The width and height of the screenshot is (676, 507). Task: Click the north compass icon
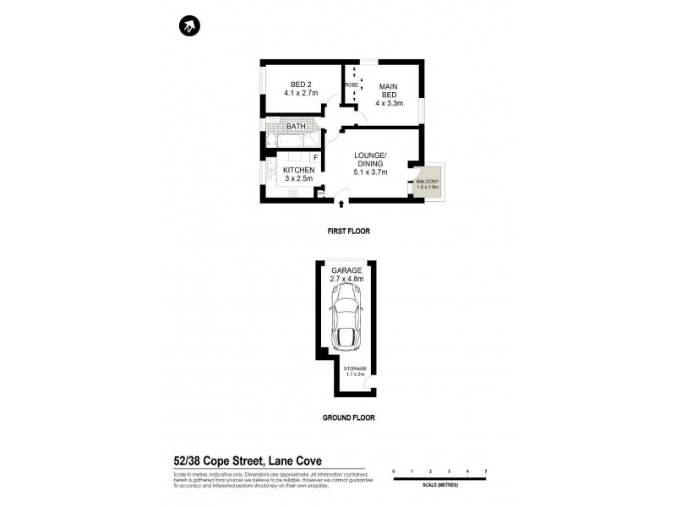[188, 27]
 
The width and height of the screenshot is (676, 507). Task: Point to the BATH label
[295, 127]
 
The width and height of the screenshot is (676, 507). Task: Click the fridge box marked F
[314, 158]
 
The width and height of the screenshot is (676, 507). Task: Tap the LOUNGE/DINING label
[370, 159]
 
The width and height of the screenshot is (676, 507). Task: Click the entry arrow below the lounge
[340, 203]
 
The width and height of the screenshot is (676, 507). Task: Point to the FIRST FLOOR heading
[349, 231]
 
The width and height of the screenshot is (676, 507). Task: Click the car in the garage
[348, 319]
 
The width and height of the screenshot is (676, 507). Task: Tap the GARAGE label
[346, 270]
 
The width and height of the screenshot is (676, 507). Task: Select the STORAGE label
[355, 368]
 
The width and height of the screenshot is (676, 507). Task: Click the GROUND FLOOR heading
[349, 417]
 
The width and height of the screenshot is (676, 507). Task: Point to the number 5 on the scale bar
[486, 470]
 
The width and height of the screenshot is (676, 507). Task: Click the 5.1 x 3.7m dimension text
[370, 172]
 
